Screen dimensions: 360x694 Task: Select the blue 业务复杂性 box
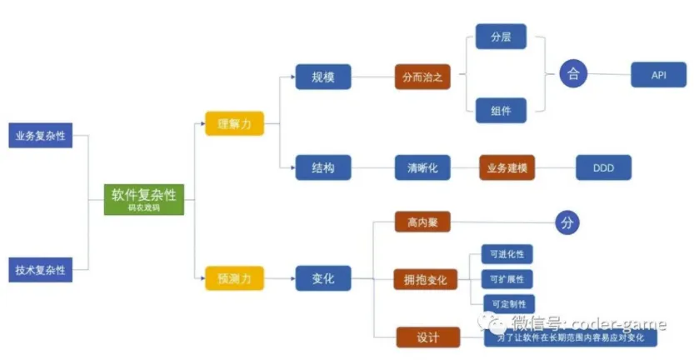tap(40, 135)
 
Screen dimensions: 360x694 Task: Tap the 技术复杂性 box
tap(40, 270)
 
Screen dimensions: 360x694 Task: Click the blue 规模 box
tap(323, 77)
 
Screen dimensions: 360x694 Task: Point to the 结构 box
tap(323, 168)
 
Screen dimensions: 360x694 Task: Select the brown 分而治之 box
tap(422, 77)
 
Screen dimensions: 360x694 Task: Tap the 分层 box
tap(501, 37)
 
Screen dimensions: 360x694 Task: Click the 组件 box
tap(501, 110)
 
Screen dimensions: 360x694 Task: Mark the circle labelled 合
tap(572, 73)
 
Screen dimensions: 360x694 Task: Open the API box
tap(658, 74)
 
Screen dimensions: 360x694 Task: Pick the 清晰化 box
tap(422, 168)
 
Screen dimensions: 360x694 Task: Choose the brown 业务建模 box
tap(507, 168)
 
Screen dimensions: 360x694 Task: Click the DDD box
tap(603, 168)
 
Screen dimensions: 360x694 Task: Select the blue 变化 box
tap(323, 278)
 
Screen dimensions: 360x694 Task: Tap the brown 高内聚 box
tap(422, 223)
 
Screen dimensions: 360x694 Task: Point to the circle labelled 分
tap(567, 223)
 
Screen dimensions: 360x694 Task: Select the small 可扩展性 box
tap(508, 279)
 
